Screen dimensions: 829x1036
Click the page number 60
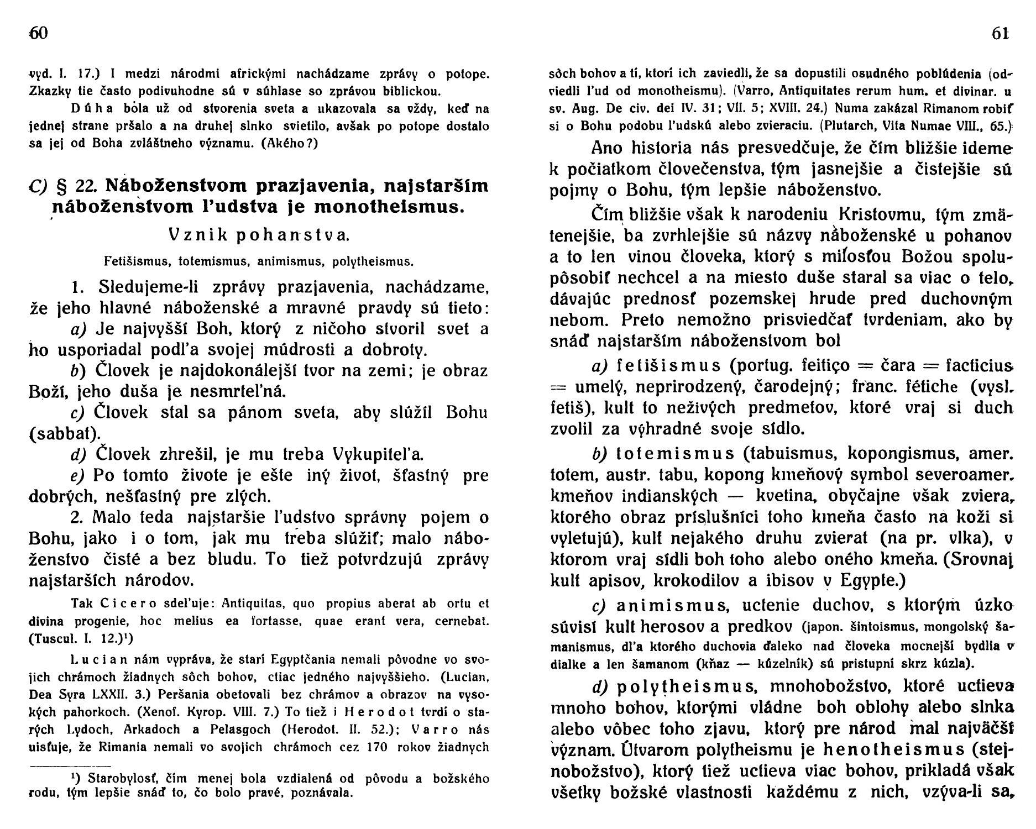[x=40, y=33]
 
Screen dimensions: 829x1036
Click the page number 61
[x=1001, y=33]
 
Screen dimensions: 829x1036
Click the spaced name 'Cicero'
[x=122, y=603]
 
